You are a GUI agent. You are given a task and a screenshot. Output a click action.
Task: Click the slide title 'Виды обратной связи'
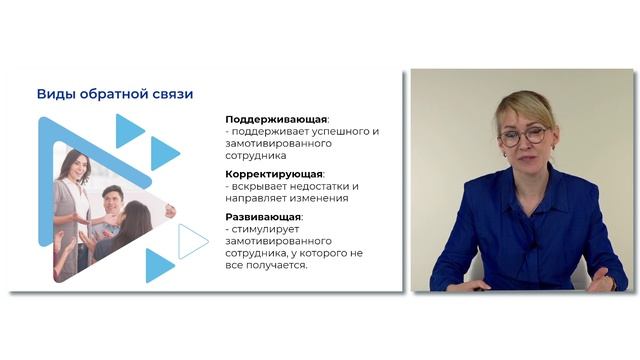[115, 94]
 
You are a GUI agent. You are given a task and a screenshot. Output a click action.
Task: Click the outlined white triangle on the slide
[192, 241]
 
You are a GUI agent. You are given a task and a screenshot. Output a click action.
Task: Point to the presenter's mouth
[522, 159]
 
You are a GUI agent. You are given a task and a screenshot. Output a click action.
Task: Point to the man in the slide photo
[112, 205]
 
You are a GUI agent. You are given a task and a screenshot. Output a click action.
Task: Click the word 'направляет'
[260, 198]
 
